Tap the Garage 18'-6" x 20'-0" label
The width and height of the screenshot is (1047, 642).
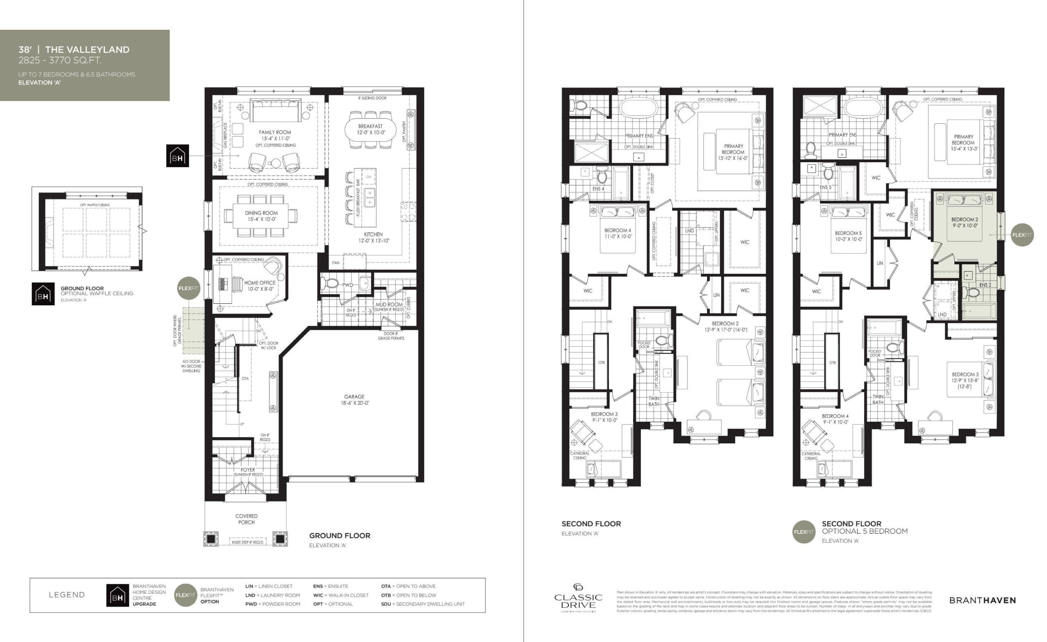tap(354, 400)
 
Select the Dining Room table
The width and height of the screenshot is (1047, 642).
tap(261, 216)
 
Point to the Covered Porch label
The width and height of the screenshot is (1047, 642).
tap(247, 519)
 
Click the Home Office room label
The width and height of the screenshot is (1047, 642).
tap(260, 285)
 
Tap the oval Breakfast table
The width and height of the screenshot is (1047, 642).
tap(370, 129)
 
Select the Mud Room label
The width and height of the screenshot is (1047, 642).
tap(389, 305)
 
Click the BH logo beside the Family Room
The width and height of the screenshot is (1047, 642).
tap(177, 156)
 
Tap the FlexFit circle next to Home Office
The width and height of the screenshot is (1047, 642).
tap(188, 288)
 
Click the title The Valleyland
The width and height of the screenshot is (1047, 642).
tap(87, 50)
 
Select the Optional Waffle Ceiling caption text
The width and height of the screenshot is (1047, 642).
tap(97, 293)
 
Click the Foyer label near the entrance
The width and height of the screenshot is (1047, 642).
tap(248, 470)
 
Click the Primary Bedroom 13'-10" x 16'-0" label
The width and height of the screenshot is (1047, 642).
tap(733, 152)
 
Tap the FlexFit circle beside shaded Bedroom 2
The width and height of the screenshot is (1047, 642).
tap(1022, 235)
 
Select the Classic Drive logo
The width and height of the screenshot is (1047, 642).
tap(578, 599)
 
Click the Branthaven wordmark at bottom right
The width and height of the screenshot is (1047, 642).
tap(982, 600)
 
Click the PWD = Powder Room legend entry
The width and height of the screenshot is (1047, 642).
tap(272, 604)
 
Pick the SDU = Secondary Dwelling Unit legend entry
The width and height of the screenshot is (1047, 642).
tap(423, 604)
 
